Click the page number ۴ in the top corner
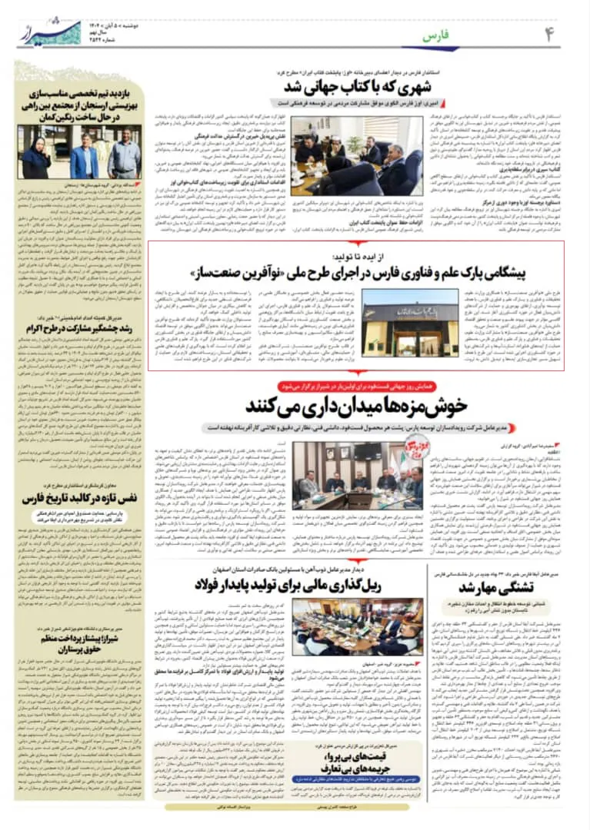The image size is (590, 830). pos(548,34)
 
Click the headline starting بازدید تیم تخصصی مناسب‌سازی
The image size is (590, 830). pos(81,101)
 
